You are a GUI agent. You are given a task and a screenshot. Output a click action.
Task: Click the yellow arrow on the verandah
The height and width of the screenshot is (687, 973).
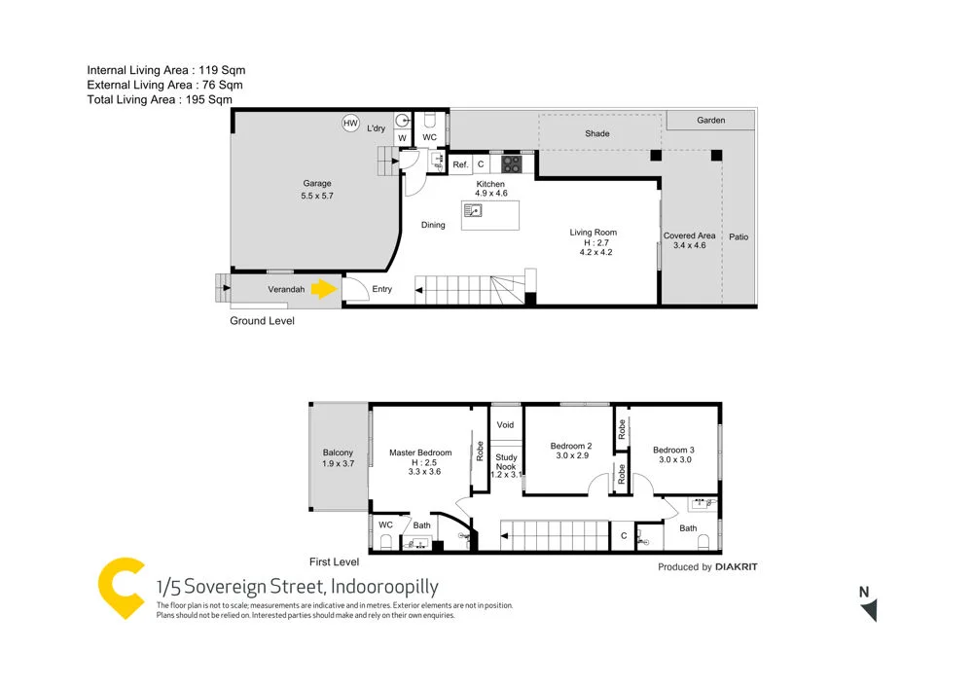(x=323, y=289)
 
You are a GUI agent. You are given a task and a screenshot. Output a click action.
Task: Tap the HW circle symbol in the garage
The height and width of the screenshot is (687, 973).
(x=350, y=124)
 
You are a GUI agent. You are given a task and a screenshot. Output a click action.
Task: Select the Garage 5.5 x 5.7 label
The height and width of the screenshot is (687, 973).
(x=317, y=190)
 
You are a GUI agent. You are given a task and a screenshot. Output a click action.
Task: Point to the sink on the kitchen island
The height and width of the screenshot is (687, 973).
(x=473, y=211)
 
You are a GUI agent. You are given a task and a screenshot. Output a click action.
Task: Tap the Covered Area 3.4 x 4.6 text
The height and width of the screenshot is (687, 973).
(x=690, y=240)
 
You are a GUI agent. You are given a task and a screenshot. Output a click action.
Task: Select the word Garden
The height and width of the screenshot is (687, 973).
(x=711, y=121)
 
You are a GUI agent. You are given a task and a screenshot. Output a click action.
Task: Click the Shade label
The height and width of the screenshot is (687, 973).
(x=597, y=133)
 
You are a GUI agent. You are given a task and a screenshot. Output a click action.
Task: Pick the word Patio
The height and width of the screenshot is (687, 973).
(x=739, y=236)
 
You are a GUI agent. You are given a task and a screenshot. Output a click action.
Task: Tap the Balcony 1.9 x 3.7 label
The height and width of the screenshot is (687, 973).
(x=339, y=458)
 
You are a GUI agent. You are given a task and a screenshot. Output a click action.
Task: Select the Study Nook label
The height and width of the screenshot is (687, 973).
(x=506, y=462)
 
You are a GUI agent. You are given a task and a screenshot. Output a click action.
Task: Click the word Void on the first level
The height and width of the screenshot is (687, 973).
(x=505, y=425)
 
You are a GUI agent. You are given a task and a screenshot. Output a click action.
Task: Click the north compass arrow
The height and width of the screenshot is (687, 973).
(x=868, y=608)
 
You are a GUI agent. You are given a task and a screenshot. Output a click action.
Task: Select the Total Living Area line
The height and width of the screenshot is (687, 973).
(x=160, y=99)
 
